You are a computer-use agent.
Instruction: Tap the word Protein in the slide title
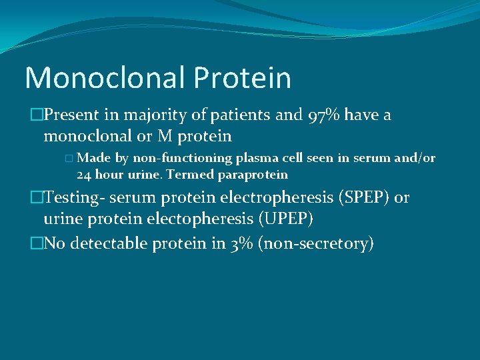click(243, 77)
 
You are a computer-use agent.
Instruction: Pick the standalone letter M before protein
click(165, 137)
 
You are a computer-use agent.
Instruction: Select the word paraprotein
click(253, 175)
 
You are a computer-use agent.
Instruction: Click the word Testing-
click(73, 197)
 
